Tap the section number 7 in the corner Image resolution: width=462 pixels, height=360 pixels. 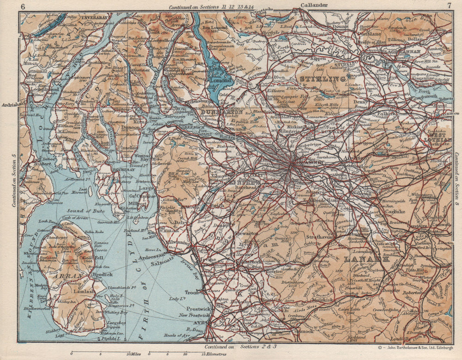click(x=449, y=6)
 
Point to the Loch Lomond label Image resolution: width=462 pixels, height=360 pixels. click(x=221, y=77)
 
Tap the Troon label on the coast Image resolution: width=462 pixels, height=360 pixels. click(x=191, y=292)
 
